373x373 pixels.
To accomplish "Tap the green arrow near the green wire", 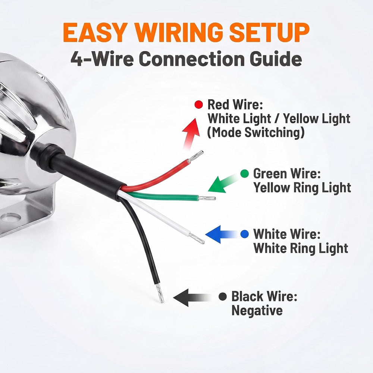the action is coord(223,184).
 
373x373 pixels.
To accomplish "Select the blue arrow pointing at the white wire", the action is coord(221,234).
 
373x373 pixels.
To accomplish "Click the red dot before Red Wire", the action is coord(199,104).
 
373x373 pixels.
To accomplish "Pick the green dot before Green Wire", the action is coord(245,174).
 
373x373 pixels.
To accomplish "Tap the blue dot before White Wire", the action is coord(245,234).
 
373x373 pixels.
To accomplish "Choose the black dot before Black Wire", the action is coord(223,297).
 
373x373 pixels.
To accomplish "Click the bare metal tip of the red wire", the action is coord(195,156).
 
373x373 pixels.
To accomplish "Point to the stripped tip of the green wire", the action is coord(207,198).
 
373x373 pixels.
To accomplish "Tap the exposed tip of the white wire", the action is coord(197,239).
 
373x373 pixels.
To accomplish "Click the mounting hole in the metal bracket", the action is coord(11,217).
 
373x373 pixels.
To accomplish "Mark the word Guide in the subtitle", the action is coord(276,59).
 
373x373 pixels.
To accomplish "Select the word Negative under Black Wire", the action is coord(257,310).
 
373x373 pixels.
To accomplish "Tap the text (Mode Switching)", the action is coord(256,132).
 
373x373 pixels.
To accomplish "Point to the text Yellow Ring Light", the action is coord(302,188).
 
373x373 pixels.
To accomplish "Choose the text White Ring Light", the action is coord(301,248).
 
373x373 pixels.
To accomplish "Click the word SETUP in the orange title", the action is coord(269,32).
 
